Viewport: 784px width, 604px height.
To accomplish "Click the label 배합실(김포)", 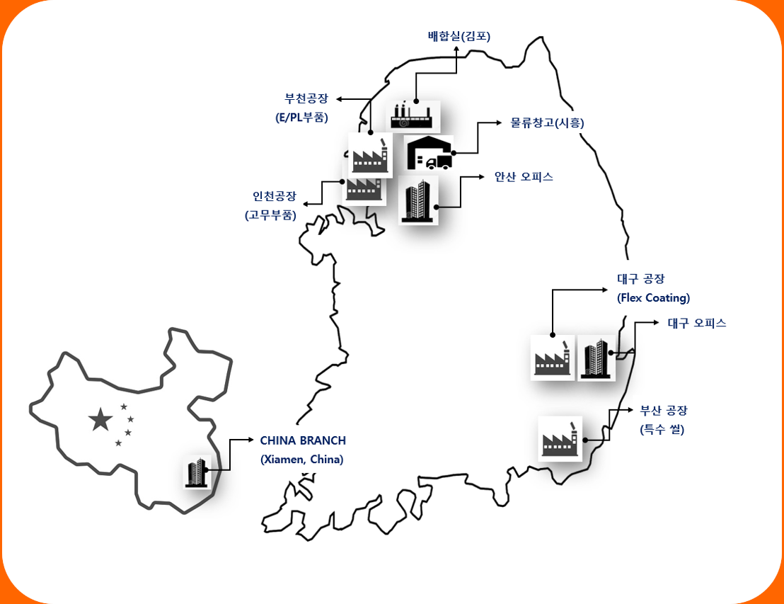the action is coord(459,36).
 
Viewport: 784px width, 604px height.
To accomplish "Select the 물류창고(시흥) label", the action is coord(548,122).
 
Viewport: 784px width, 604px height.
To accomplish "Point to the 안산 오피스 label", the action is coord(524,177).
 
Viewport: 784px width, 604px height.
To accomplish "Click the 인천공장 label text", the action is coord(275,195).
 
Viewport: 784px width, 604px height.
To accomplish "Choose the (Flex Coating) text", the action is coord(653,297).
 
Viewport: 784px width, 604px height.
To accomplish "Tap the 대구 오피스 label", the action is coord(697,323).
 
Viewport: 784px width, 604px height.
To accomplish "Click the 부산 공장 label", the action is coord(664,410).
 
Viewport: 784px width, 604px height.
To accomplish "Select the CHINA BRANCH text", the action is coord(303,440).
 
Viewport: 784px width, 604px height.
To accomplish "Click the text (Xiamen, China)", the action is coord(302,459).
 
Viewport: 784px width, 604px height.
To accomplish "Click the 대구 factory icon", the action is coord(553,358).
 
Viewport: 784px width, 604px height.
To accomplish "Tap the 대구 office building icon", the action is coord(596,358).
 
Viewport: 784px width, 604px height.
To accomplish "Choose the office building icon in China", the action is coord(197,472).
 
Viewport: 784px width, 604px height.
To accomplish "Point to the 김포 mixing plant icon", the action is coord(415,115).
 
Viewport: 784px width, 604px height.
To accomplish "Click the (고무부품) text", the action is coord(270,215).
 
